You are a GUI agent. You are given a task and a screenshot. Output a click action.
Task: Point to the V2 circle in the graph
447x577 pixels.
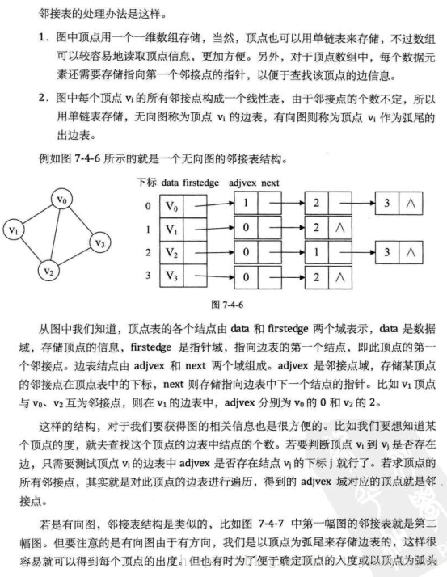pos(50,270)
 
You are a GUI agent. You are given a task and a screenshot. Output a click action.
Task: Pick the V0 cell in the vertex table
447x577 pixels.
pos(173,208)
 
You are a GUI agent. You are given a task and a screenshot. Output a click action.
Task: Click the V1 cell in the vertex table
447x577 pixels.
pos(173,231)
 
